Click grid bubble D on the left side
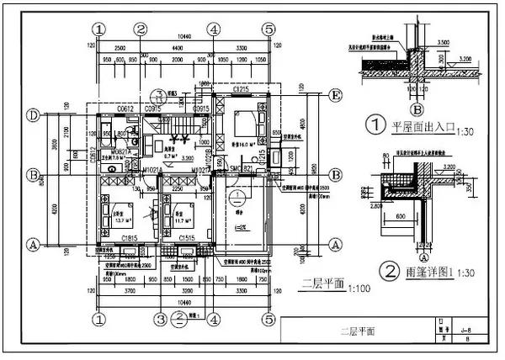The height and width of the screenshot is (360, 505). tap(33, 114)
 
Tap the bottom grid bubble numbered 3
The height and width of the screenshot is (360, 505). tap(159, 320)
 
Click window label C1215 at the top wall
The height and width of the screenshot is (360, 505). tap(242, 88)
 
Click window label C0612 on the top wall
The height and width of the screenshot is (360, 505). tap(126, 109)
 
